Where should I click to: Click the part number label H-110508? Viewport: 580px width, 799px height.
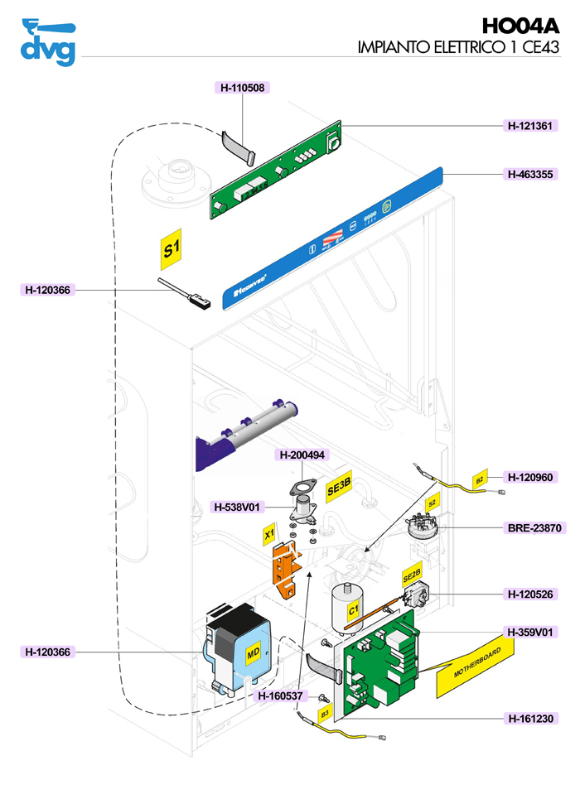point(242,87)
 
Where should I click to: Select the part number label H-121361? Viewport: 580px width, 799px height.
point(531,126)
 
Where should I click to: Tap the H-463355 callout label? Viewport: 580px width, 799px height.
point(531,175)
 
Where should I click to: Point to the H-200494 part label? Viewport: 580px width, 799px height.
point(302,455)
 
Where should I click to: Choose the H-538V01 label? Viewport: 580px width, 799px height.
point(238,507)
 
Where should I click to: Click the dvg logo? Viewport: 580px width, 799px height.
point(47,41)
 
